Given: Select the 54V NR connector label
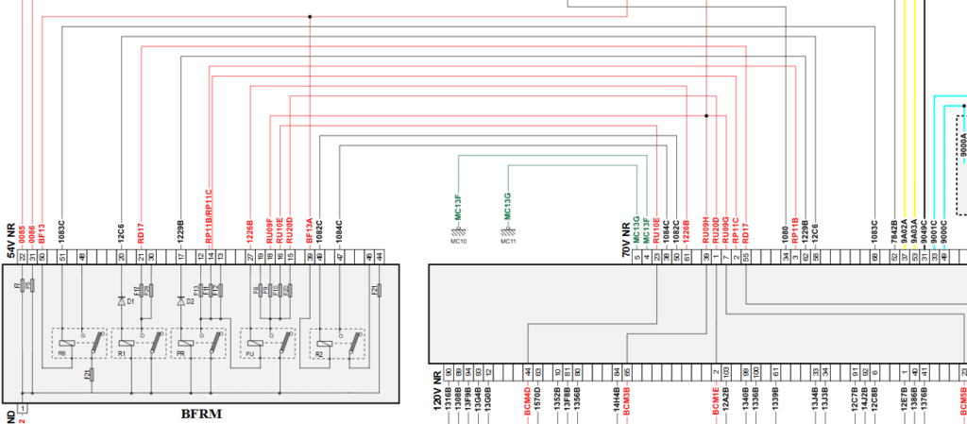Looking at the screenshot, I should pos(11,239).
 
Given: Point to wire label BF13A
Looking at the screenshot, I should pos(311,232).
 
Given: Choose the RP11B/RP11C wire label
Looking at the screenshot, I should pos(210,218).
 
